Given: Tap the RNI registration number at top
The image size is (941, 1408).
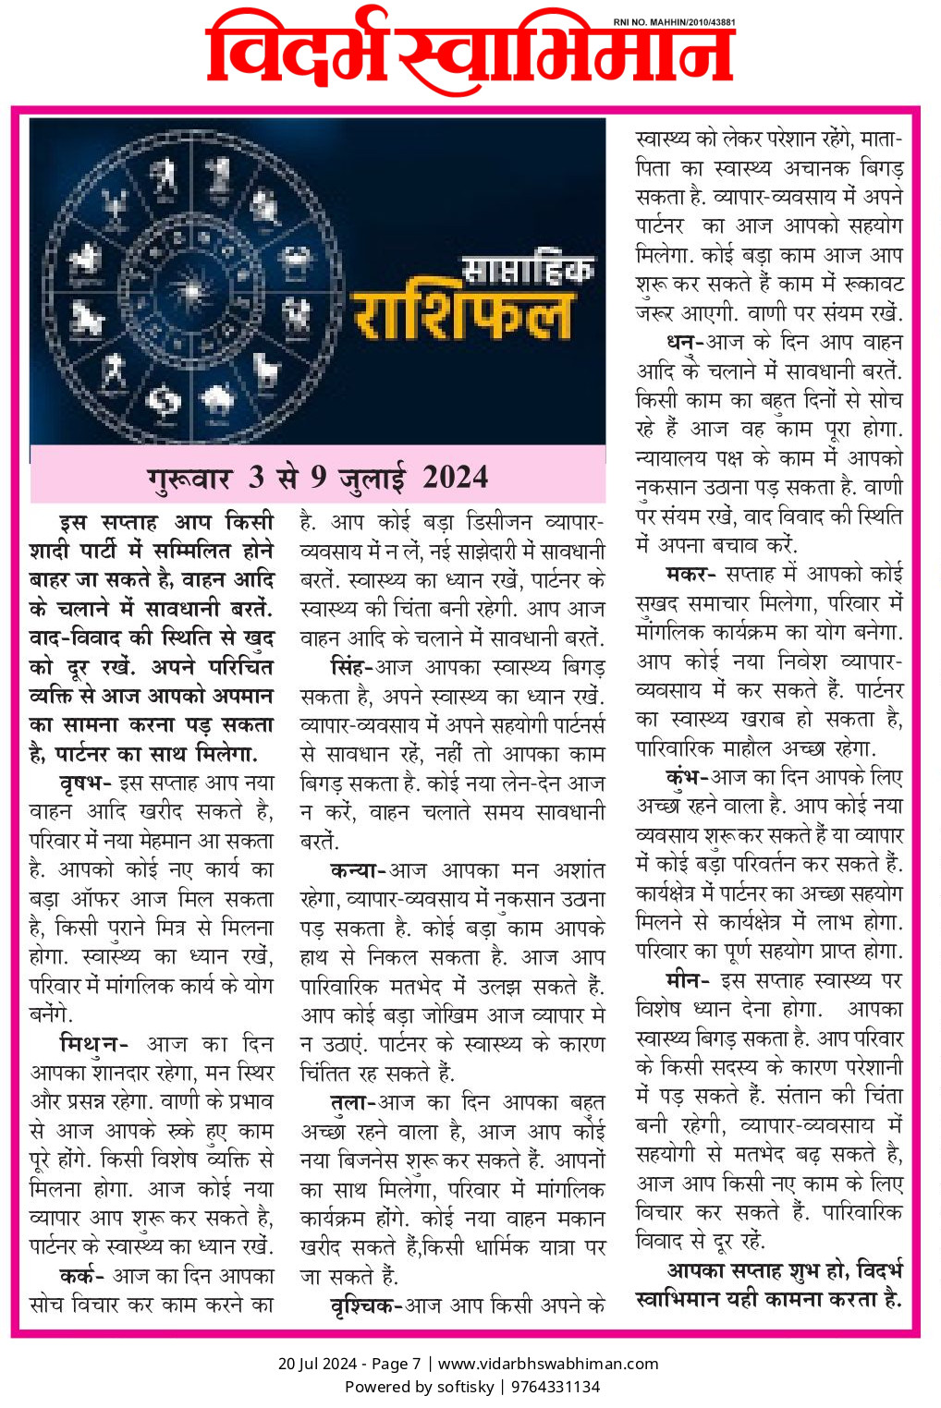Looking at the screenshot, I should point(675,21).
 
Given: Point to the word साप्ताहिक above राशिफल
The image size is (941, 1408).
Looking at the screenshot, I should point(527,269).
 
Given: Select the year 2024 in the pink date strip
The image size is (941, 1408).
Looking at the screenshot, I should point(456,478).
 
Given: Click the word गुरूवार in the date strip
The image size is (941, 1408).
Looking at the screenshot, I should point(189,479).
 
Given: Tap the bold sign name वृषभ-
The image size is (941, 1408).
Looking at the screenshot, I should point(85,783).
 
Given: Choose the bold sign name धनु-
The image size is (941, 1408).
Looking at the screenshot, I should point(685,342).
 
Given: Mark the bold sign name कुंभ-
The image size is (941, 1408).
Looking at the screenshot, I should point(686,777).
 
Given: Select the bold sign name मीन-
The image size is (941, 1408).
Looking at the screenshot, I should point(687,980).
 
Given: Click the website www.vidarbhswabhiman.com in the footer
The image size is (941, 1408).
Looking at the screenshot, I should point(548,1364).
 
